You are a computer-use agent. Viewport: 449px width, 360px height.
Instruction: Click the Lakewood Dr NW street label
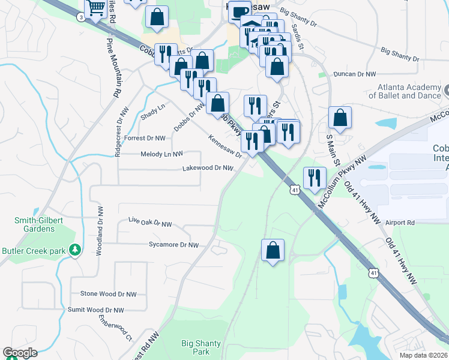[x=208, y=169]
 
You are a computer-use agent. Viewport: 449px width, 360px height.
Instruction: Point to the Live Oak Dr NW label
[x=150, y=223]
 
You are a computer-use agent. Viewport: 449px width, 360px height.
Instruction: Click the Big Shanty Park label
[x=201, y=347]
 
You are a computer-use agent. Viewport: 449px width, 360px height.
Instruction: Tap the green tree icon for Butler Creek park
[x=75, y=249]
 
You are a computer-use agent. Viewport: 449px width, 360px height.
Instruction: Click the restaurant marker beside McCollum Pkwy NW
[x=315, y=178]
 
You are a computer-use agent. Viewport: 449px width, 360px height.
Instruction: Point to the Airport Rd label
[x=400, y=223]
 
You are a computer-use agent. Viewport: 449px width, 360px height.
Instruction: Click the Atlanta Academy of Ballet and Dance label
[x=403, y=91]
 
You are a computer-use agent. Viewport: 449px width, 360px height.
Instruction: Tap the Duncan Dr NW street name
[x=355, y=74]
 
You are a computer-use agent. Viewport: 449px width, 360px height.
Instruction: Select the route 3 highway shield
[x=80, y=17]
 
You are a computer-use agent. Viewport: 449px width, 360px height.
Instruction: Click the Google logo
[x=20, y=353]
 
